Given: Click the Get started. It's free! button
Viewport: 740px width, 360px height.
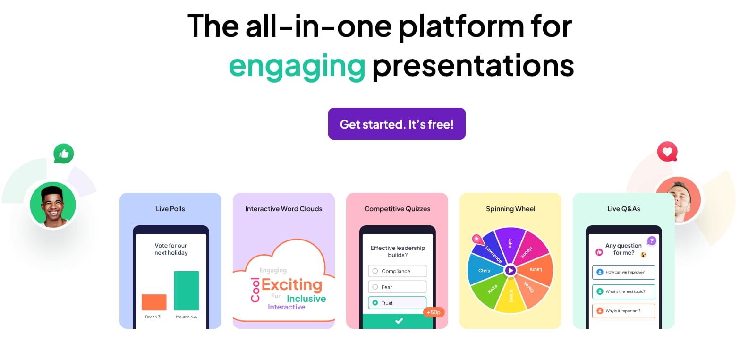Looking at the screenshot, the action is (396, 124).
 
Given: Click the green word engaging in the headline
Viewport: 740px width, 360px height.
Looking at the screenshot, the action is (297, 67).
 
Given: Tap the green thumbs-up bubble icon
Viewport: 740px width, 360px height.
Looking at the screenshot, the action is (63, 154).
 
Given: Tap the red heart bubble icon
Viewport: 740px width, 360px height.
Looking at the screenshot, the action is (667, 152).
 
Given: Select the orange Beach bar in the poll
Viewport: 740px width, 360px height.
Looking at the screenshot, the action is (154, 302).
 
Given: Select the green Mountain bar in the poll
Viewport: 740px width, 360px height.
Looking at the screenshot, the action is (187, 290).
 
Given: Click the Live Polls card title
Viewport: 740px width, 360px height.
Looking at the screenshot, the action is (170, 209).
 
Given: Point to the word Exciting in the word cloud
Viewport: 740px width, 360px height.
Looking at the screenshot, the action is (292, 284).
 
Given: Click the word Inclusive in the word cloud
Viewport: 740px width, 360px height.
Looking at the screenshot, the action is (306, 299).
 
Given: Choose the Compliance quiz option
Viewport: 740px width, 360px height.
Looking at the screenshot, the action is (397, 271).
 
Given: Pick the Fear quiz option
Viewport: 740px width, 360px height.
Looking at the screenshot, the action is (397, 287).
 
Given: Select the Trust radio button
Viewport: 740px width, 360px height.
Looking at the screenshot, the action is (375, 303).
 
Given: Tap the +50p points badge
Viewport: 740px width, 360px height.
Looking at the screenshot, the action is (434, 312).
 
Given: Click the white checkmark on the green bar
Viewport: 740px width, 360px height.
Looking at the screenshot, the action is (399, 321).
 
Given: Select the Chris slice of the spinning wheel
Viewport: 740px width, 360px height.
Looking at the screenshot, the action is (485, 270).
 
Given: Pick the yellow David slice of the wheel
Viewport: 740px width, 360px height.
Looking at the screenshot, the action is (511, 296).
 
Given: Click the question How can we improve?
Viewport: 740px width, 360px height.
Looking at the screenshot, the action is (624, 272).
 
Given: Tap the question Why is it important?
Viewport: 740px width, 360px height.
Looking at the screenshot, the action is (624, 311).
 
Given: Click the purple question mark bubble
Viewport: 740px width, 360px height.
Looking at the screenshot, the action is (652, 240).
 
